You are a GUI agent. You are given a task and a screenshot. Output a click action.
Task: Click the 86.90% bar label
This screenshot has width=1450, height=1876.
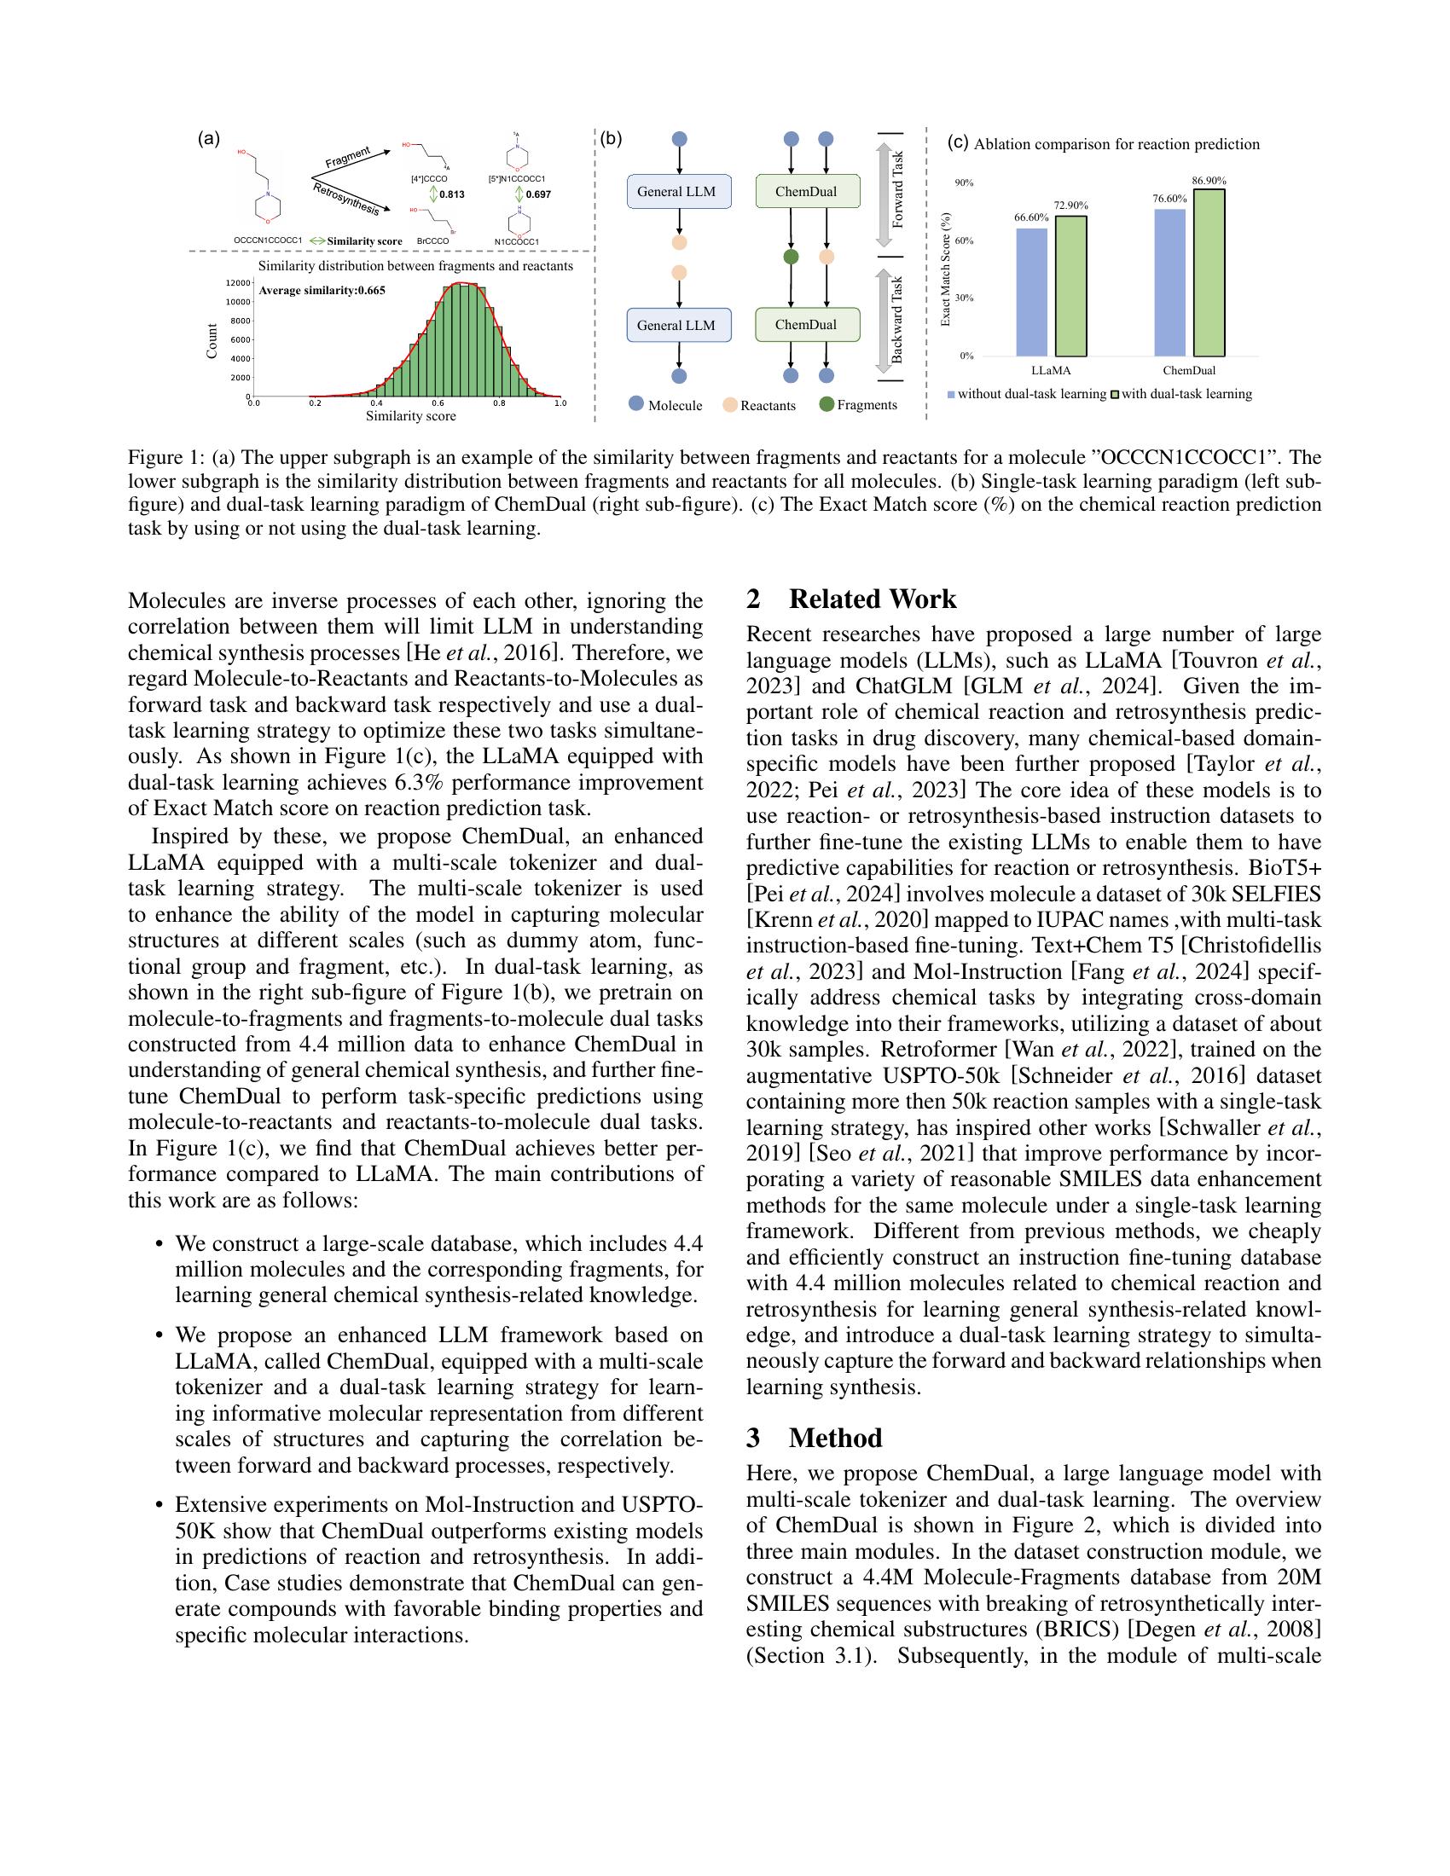pos(1209,181)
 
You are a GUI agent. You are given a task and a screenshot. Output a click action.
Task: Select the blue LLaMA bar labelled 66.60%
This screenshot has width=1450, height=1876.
pos(1031,292)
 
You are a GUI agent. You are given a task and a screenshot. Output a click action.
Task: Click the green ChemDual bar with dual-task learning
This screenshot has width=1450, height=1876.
pos(1209,272)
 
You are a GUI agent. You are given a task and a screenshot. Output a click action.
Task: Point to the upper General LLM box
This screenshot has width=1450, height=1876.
pos(679,192)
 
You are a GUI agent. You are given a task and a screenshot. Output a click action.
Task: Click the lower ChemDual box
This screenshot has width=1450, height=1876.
pos(806,325)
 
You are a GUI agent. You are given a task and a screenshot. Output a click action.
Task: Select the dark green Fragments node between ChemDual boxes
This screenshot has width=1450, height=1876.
pos(792,257)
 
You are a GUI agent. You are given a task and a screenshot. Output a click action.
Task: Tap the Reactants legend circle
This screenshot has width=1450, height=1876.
pos(730,404)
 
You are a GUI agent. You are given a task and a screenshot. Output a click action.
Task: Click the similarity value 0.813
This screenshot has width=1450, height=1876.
pos(452,194)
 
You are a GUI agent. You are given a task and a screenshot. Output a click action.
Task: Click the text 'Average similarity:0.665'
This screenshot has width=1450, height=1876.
pos(322,290)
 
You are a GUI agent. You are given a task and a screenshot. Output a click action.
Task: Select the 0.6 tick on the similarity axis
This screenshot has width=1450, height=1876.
pos(438,402)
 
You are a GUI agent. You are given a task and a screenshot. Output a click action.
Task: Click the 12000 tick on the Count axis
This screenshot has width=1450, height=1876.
pos(237,283)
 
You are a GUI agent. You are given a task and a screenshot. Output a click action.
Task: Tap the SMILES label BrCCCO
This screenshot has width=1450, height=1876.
pos(432,241)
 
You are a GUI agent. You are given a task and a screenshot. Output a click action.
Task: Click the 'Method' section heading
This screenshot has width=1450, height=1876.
pos(835,1438)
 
